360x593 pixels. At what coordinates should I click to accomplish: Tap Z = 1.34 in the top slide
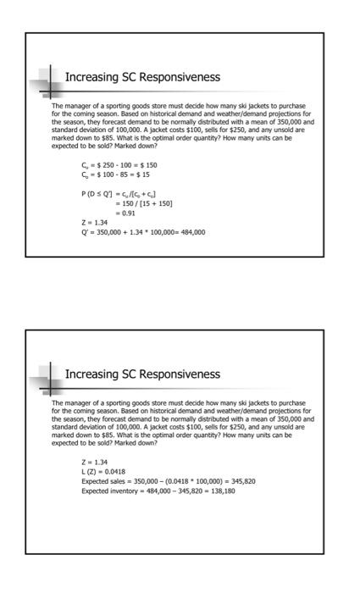point(95,223)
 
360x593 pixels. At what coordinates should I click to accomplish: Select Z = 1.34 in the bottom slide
point(95,463)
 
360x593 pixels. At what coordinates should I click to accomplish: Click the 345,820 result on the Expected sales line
point(242,481)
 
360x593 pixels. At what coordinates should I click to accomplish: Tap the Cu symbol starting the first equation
point(85,164)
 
